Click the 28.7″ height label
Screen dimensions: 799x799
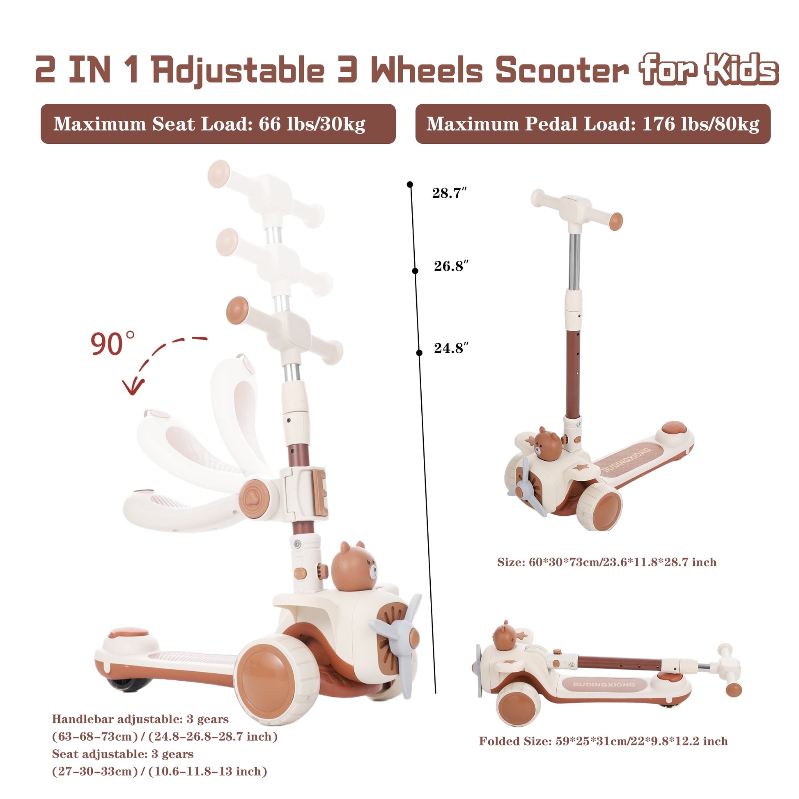coord(449,193)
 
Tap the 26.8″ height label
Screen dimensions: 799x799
coord(451,266)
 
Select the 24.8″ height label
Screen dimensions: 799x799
coord(451,348)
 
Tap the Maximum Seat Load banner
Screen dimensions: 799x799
coord(218,124)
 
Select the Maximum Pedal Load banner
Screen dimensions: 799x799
coord(592,124)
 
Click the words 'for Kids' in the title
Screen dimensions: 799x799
coord(708,69)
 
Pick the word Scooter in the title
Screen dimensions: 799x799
coord(562,70)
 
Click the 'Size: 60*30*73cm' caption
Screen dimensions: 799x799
coord(607,562)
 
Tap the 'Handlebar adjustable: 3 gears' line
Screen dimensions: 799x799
coord(140,719)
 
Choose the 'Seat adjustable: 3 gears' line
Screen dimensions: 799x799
coord(123,753)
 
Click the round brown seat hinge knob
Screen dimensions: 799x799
coord(254,498)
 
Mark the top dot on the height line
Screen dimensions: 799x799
coord(410,184)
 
